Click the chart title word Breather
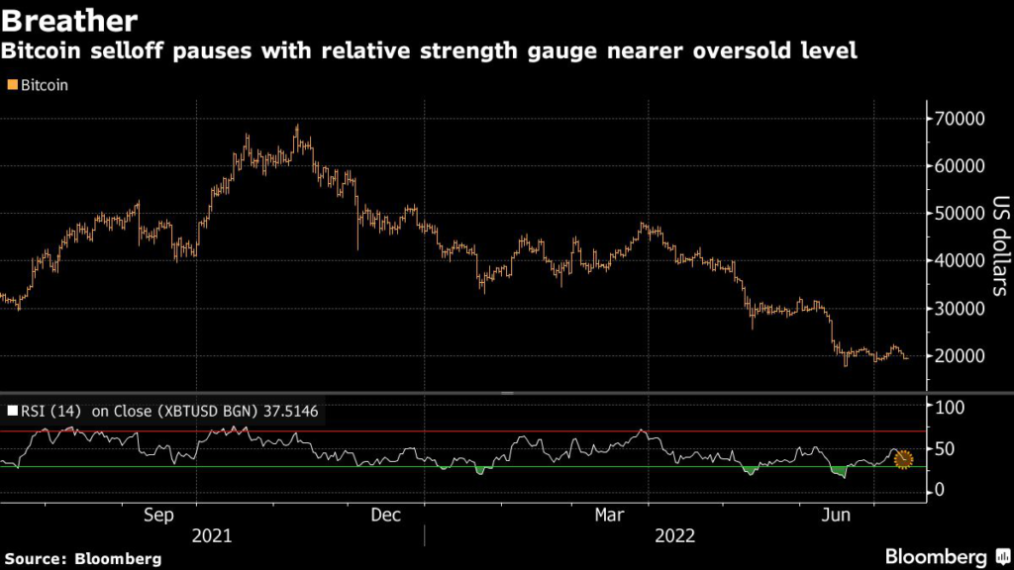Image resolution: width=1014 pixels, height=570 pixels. pyautogui.click(x=68, y=19)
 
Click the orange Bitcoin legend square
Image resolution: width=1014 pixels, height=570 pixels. pyautogui.click(x=11, y=86)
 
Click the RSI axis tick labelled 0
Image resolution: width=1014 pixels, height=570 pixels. pyautogui.click(x=938, y=491)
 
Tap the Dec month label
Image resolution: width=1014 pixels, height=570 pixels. pyautogui.click(x=384, y=516)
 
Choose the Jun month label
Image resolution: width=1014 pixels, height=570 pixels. pyautogui.click(x=838, y=516)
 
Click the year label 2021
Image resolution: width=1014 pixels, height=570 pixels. pyautogui.click(x=212, y=536)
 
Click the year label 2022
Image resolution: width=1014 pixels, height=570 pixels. pyautogui.click(x=674, y=536)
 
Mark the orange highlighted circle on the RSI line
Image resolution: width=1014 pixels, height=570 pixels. pyautogui.click(x=903, y=459)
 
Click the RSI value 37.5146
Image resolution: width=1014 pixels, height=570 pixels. pyautogui.click(x=286, y=410)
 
